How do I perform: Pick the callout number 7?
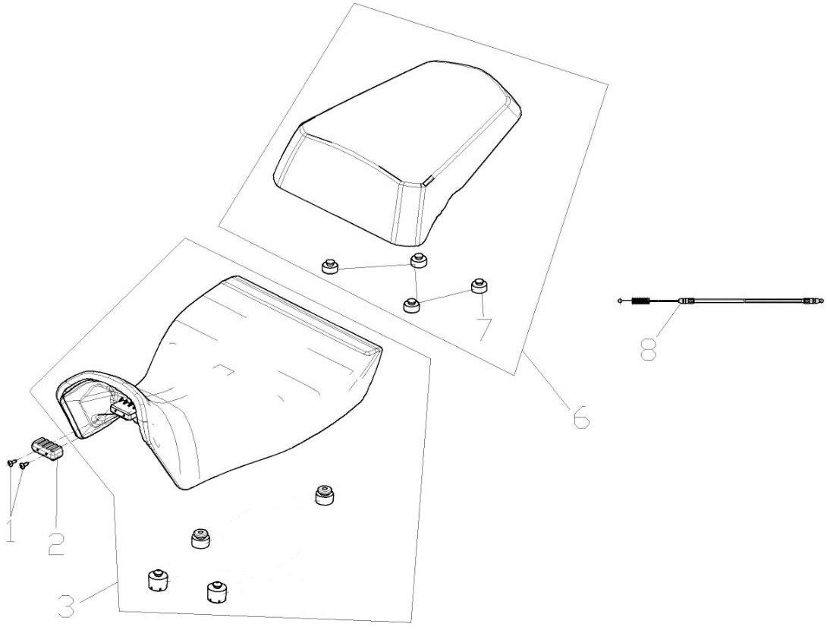(484, 329)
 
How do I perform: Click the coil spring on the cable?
(642, 302)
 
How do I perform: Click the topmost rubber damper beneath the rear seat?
(417, 261)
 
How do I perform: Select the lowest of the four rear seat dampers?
(410, 304)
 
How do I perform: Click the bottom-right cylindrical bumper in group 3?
(216, 591)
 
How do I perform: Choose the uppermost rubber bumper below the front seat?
(325, 495)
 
